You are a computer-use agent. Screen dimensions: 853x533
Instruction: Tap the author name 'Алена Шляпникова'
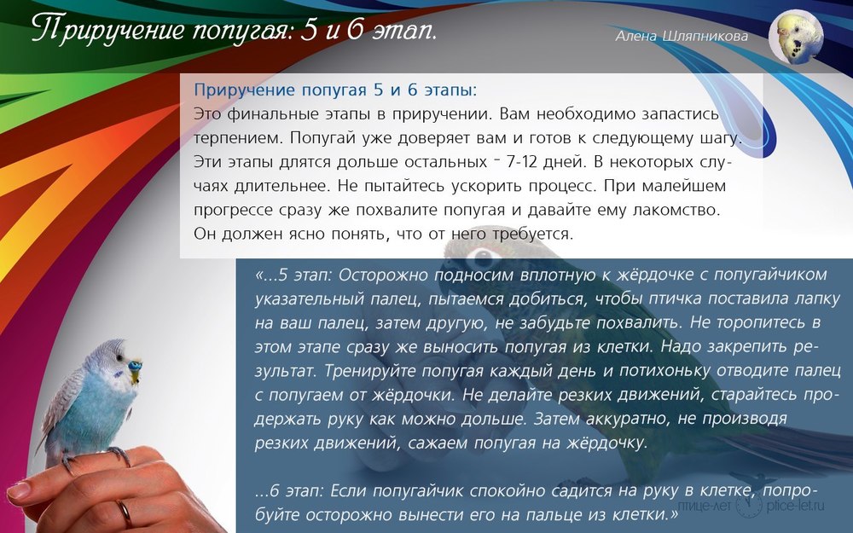682,36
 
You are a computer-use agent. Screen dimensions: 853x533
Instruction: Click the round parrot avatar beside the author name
796,38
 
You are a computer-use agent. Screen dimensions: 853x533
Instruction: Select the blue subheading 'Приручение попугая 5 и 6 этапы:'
335,90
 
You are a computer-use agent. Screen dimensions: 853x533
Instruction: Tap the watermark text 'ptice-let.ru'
795,506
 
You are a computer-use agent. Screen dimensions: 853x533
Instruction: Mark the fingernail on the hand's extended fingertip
18,490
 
